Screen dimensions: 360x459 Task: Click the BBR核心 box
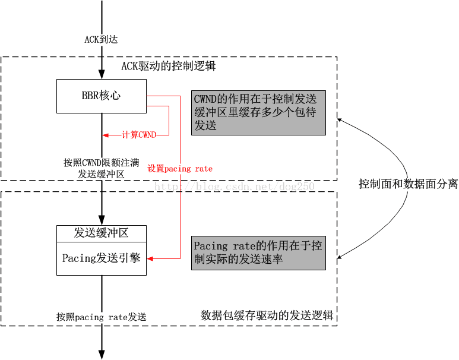pos(102,96)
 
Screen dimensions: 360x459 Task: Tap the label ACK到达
pos(102,39)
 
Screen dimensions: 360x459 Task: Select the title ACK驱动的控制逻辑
pos(168,66)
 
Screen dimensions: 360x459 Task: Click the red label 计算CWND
pos(138,135)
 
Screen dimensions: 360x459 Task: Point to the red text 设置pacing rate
pos(180,169)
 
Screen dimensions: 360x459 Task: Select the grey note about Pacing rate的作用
pos(258,252)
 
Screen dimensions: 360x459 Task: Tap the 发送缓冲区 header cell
pos(102,233)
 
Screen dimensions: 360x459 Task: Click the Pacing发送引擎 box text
pos(102,258)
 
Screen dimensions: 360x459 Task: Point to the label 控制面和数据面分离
pos(408,184)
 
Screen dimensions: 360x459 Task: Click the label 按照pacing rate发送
pos(102,317)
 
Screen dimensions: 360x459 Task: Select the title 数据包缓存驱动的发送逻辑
pos(267,315)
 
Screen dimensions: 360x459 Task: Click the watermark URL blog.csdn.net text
pos(235,187)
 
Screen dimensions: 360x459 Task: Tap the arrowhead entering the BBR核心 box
pos(102,75)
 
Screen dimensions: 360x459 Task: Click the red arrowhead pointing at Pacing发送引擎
pos(150,258)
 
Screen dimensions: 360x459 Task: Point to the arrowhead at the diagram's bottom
pos(102,354)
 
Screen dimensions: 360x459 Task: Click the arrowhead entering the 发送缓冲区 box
pos(102,221)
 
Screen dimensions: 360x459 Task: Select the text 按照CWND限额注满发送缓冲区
pos(102,168)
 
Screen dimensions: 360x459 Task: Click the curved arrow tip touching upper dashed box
pos(340,119)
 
